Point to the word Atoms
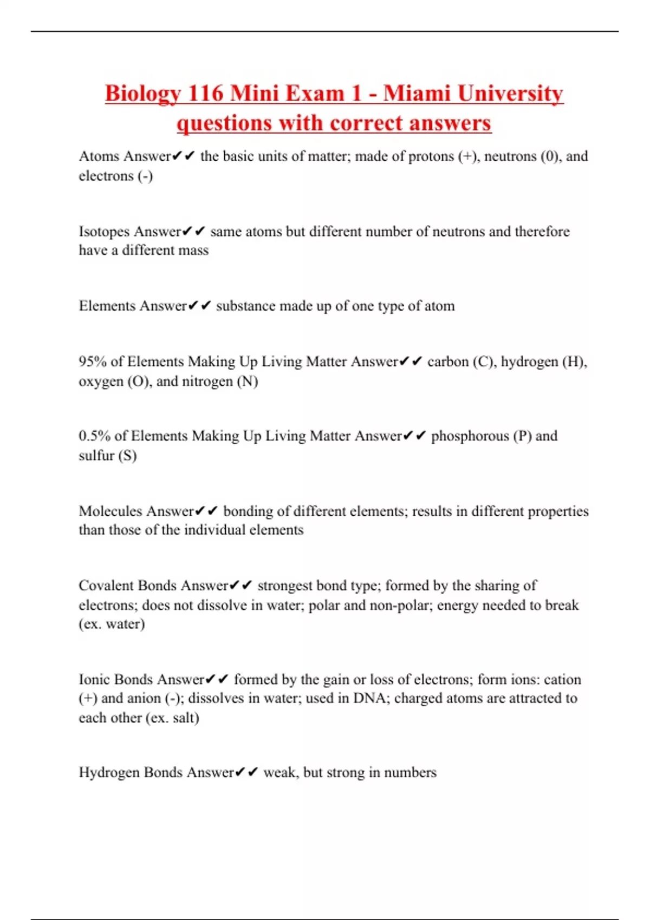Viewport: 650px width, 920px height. click(99, 156)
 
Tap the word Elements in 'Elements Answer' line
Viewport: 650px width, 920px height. click(107, 306)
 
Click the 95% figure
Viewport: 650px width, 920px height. click(93, 362)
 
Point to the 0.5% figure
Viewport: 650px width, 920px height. click(94, 436)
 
